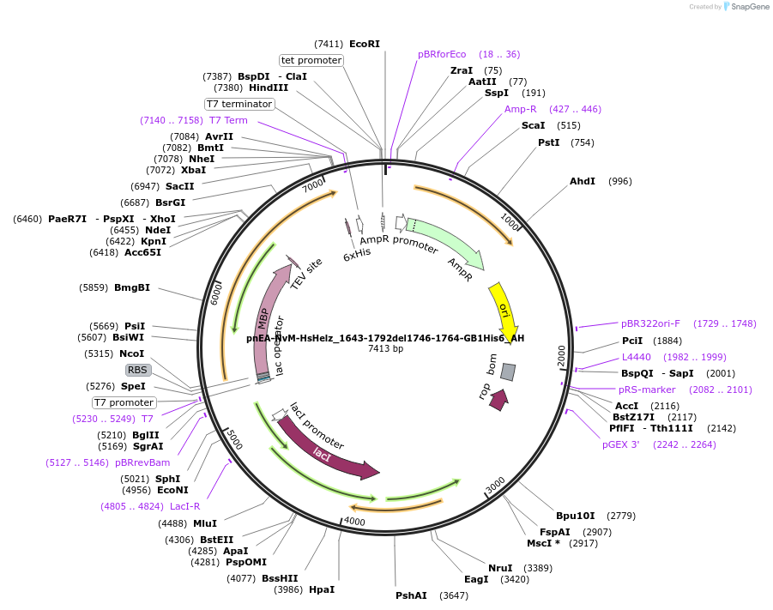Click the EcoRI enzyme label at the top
pyautogui.click(x=365, y=44)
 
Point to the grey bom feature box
pyautogui.click(x=508, y=371)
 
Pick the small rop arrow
pyautogui.click(x=498, y=400)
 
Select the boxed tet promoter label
pyautogui.click(x=311, y=60)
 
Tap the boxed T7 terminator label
pyautogui.click(x=239, y=104)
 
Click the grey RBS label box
pyautogui.click(x=138, y=370)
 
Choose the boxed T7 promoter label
pyautogui.click(x=124, y=402)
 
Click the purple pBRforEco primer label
pyautogui.click(x=442, y=54)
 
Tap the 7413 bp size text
pyautogui.click(x=385, y=349)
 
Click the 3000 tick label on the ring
pyautogui.click(x=496, y=486)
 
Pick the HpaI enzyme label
pyautogui.click(x=322, y=589)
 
